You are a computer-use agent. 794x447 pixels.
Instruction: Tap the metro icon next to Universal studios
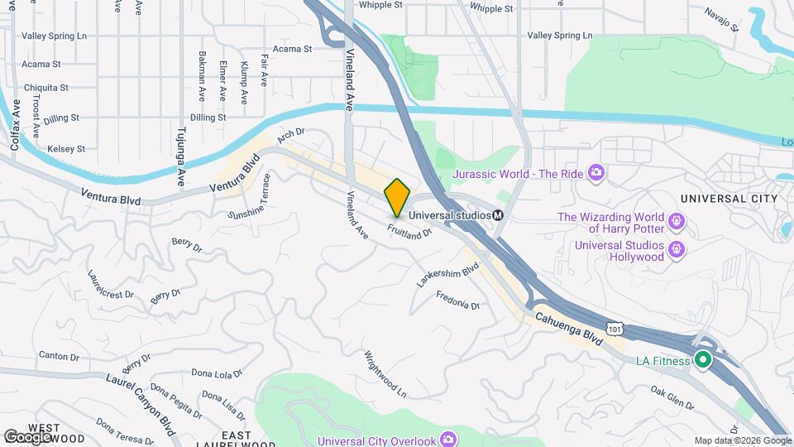(499, 215)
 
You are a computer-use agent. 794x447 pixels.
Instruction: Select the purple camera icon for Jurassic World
(595, 173)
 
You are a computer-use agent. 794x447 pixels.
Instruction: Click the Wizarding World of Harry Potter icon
(677, 221)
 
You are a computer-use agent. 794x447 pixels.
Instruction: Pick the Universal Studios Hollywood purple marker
(677, 248)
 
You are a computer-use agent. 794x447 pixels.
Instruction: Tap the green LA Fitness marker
(702, 360)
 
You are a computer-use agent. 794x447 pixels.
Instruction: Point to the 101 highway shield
(613, 329)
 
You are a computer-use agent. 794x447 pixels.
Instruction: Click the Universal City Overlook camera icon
(447, 439)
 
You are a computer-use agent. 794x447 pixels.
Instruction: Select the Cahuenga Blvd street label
(568, 326)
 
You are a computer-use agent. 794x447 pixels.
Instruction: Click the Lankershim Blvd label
(448, 276)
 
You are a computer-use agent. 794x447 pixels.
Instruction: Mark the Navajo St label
(721, 17)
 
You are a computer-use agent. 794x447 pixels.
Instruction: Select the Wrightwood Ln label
(385, 374)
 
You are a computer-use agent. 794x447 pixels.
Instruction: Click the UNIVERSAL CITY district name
(729, 199)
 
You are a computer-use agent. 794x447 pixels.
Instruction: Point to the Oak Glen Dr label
(672, 397)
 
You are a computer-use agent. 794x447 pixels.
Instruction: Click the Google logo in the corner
(26, 435)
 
